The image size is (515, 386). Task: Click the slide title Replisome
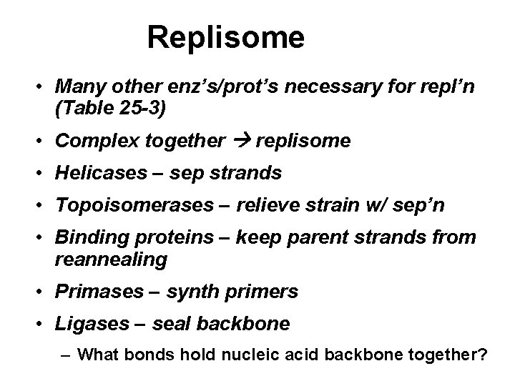point(226,37)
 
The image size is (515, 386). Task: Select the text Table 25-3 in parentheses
point(110,111)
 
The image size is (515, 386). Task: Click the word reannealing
point(110,259)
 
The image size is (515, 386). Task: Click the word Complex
point(89,142)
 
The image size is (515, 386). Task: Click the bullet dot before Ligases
point(43,325)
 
